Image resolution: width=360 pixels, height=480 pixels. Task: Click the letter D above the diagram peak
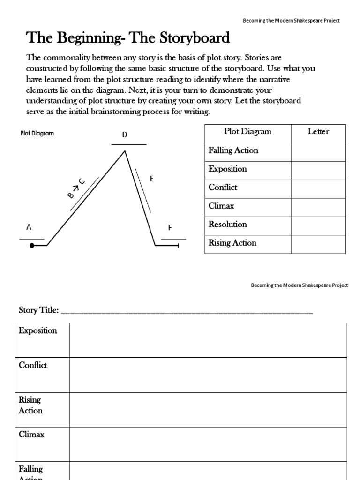click(x=125, y=135)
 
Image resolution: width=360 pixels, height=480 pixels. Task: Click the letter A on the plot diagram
click(x=29, y=227)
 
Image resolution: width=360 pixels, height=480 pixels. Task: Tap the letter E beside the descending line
click(x=151, y=179)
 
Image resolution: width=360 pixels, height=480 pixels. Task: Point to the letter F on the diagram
click(x=170, y=228)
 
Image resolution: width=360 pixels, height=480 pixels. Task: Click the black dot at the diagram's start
click(x=32, y=245)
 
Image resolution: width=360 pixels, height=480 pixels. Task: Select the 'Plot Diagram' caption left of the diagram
click(x=37, y=133)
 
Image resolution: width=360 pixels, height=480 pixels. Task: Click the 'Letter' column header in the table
click(x=318, y=132)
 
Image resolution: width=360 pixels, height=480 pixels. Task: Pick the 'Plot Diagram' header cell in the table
click(x=247, y=132)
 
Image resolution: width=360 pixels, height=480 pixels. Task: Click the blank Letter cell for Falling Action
click(x=318, y=152)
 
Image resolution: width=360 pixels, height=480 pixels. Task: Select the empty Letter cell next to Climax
click(x=318, y=207)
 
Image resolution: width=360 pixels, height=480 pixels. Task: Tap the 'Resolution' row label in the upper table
click(x=227, y=225)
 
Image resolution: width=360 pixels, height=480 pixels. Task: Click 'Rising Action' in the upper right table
click(x=232, y=243)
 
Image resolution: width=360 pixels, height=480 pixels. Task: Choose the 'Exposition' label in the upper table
click(x=227, y=169)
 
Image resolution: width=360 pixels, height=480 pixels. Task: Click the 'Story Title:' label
click(x=38, y=310)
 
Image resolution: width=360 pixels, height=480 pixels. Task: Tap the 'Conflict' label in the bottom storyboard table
click(x=33, y=365)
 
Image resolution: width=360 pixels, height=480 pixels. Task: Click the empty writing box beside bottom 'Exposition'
click(x=208, y=340)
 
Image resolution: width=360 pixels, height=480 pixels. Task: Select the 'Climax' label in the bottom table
click(x=31, y=435)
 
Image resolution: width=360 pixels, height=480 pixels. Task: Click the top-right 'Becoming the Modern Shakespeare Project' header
click(x=291, y=21)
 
